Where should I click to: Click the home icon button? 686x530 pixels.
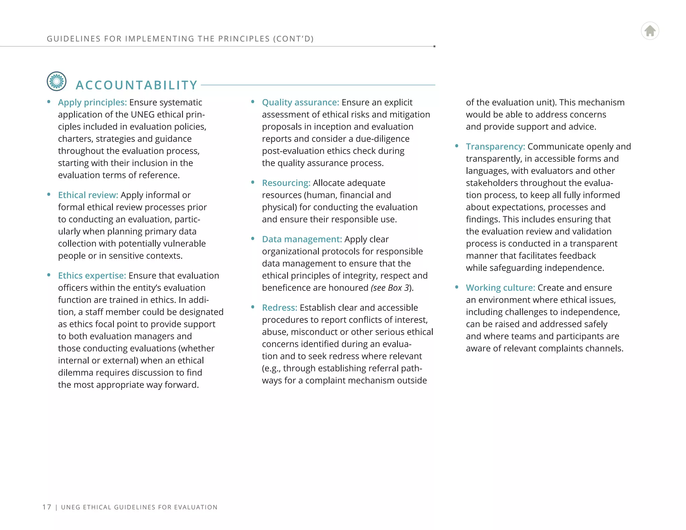[650, 31]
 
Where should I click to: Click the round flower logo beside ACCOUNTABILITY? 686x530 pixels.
[57, 81]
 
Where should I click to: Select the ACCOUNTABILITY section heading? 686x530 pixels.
[137, 85]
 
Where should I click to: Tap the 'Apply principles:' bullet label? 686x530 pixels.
[92, 102]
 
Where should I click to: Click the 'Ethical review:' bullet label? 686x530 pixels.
[88, 195]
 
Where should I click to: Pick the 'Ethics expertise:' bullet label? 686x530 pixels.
[92, 275]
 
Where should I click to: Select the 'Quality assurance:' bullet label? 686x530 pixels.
[300, 102]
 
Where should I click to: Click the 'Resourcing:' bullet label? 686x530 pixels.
[286, 183]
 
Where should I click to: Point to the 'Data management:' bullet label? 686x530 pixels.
[302, 239]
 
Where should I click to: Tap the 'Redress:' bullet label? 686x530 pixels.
[279, 308]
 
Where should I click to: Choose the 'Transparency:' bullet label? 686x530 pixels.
[495, 146]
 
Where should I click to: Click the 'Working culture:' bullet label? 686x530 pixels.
[500, 287]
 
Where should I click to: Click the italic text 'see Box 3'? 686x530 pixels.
[391, 288]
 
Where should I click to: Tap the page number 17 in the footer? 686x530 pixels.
[47, 507]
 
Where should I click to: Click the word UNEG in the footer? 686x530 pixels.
[71, 507]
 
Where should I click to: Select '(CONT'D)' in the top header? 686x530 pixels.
[293, 39]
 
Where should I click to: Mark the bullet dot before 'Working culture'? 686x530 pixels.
[457, 287]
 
